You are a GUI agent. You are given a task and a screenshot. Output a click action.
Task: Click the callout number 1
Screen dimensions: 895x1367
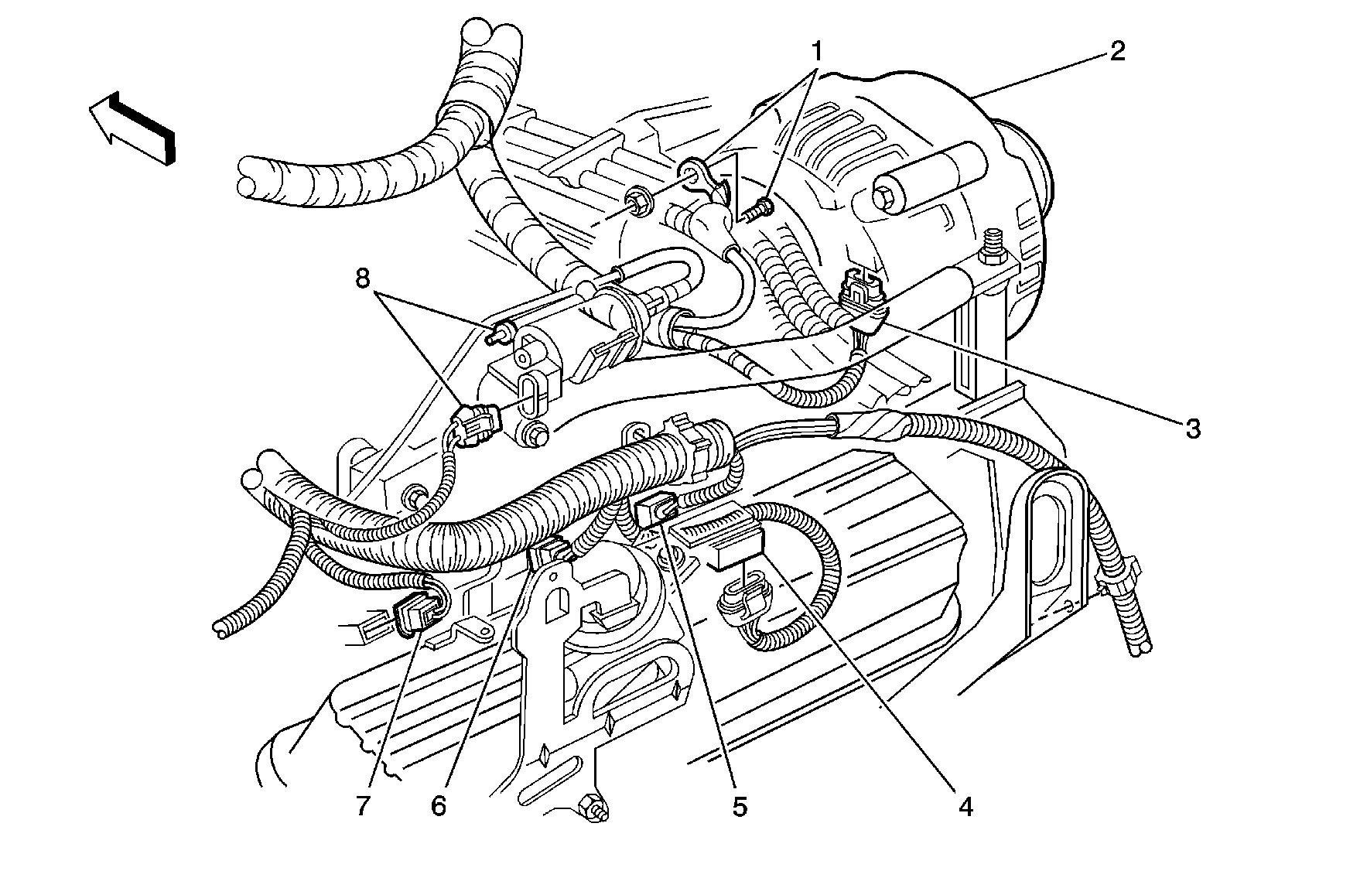(x=816, y=52)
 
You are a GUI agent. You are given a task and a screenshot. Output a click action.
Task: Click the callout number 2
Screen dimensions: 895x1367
(x=1116, y=52)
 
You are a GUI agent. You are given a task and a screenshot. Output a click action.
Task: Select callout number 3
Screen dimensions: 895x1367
(x=1192, y=428)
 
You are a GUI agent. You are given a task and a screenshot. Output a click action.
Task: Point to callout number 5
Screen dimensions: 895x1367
(x=740, y=806)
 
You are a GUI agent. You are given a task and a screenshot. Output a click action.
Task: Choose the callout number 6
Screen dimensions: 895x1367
(x=439, y=806)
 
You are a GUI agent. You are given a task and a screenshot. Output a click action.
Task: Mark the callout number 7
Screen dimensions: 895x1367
(x=364, y=806)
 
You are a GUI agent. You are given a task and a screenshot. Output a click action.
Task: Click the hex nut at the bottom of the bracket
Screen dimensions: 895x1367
(x=596, y=808)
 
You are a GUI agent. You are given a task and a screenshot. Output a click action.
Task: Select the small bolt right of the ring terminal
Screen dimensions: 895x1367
(x=760, y=207)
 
